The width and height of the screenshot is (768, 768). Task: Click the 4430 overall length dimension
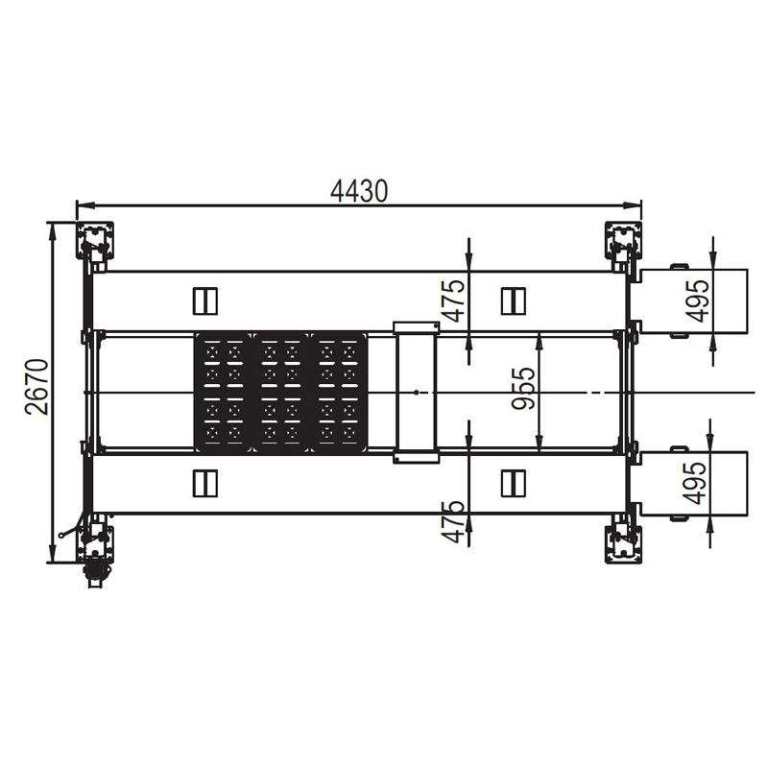point(359,191)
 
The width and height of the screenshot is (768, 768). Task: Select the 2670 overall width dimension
point(37,387)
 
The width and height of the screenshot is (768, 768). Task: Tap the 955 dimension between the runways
point(523,388)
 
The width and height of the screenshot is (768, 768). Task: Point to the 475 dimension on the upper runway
point(453,300)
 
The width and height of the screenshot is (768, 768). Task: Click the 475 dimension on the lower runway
point(453,521)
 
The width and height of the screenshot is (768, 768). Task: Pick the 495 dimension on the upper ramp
point(698,300)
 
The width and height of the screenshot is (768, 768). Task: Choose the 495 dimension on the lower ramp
point(695,483)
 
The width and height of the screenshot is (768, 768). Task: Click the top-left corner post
point(94,241)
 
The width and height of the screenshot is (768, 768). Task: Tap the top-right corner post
point(623,241)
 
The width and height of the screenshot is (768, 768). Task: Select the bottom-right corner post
point(623,544)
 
